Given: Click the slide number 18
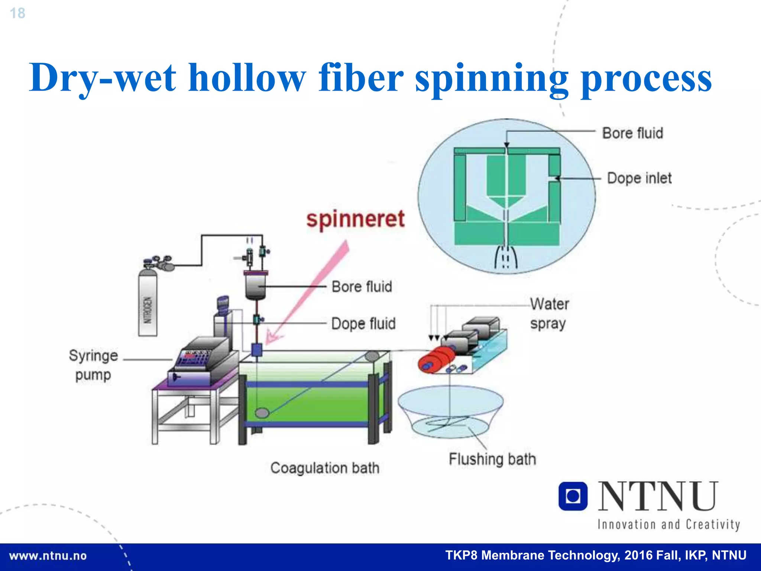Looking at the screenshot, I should pos(17,13).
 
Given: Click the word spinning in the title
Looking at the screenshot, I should pos(491,79).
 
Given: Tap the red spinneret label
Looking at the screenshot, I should pos(355,219).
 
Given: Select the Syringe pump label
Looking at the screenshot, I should pos(93,365).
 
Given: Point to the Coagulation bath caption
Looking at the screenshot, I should pos(325,468).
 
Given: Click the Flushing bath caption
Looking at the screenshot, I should pos(492,459).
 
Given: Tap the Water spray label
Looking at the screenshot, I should pos(549,314).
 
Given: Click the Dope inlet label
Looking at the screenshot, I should pos(639,178).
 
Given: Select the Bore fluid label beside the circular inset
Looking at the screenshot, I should pos(632,133).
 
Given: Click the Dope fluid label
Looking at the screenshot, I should pos(363,323).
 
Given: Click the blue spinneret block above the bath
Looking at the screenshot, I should pos(257,350).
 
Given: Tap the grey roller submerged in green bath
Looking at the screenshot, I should pos(262,413).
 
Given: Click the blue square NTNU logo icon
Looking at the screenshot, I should pos(573,496).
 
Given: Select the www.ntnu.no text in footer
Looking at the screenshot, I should pos(48,556).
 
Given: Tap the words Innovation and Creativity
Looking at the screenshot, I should pos(668,525).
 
